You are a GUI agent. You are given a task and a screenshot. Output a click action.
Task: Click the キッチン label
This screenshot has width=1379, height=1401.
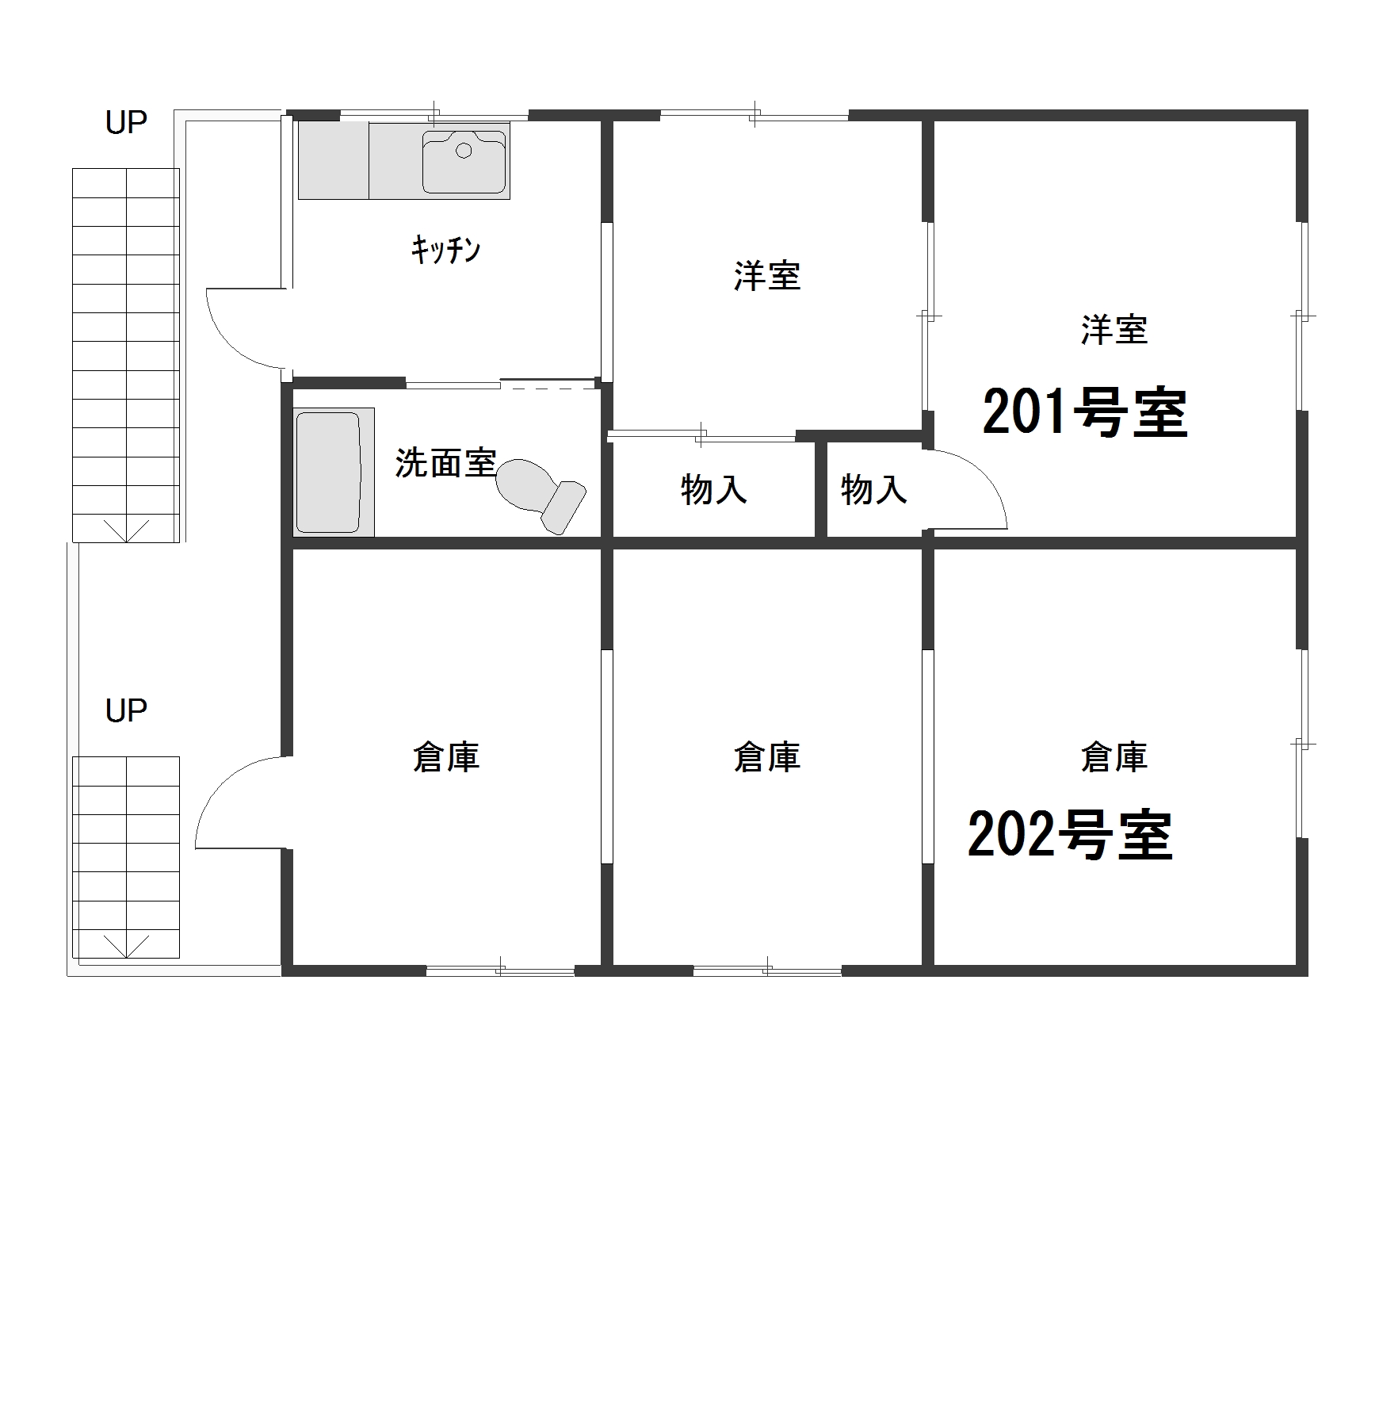coord(445,251)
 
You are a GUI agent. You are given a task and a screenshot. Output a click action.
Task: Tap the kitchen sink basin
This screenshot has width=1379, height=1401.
coord(464,162)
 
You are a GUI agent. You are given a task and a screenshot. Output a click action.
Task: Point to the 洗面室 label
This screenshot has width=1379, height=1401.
coord(445,463)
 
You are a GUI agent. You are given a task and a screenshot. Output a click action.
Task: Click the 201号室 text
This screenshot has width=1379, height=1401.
coord(1084,413)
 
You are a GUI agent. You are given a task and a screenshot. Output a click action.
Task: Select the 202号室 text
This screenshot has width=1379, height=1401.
coord(1070,835)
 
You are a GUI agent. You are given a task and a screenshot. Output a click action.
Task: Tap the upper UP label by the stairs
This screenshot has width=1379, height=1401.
coord(126,123)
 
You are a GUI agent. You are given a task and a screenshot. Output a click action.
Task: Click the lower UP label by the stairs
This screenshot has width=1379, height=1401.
coord(126,711)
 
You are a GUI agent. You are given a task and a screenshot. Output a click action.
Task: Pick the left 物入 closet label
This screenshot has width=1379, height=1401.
coord(713,490)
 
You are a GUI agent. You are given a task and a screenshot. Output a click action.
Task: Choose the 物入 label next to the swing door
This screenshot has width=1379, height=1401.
coord(873,490)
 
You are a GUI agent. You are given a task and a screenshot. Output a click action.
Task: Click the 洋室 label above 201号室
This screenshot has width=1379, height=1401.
coord(1114,330)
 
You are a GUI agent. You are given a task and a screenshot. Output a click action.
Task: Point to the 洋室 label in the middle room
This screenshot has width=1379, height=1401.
coord(766,277)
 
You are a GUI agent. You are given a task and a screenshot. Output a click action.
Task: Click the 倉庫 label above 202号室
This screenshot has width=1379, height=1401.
coord(1114,757)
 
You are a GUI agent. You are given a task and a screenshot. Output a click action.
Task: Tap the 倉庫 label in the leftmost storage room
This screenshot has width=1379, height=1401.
coord(445,757)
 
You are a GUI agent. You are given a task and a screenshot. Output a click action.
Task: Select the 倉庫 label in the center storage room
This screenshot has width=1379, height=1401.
coord(766,757)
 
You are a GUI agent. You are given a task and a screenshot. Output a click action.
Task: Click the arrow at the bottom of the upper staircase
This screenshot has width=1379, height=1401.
coord(126,530)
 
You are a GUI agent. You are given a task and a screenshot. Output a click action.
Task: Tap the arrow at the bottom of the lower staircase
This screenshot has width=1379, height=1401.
coord(126,945)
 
